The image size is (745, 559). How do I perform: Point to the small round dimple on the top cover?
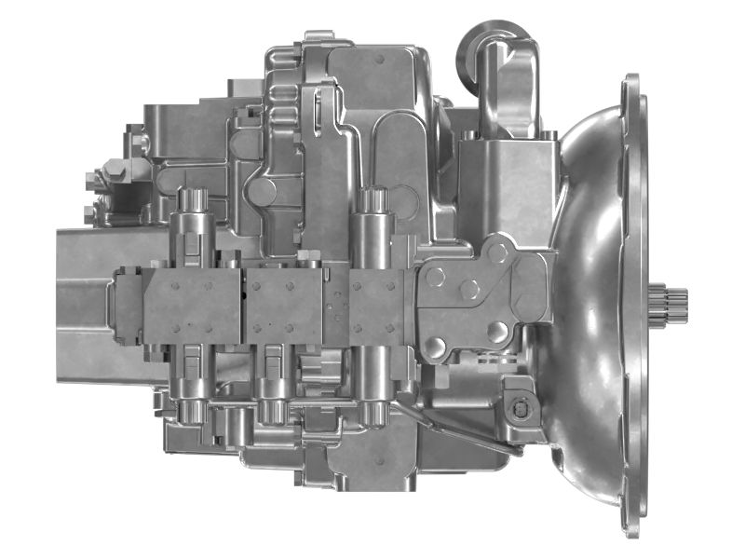tap(381, 58)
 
